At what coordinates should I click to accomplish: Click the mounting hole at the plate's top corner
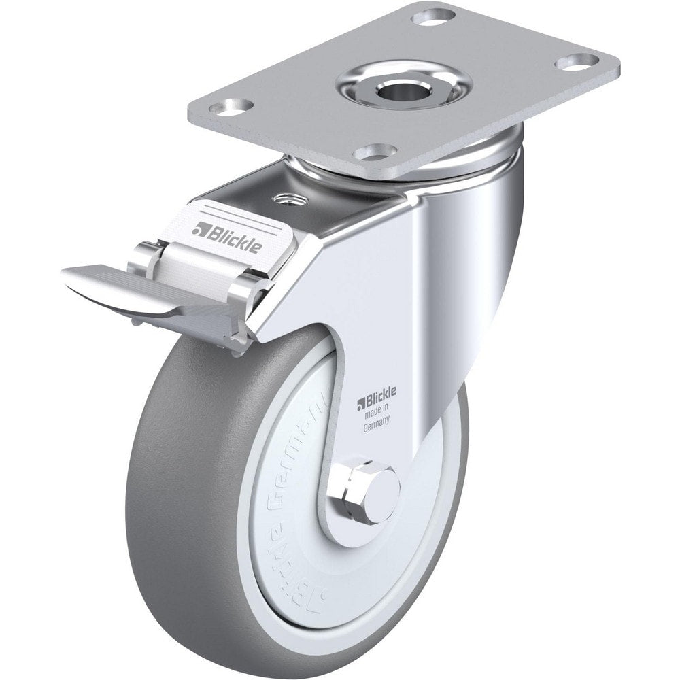(426, 16)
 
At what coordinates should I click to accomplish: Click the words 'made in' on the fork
(373, 409)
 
